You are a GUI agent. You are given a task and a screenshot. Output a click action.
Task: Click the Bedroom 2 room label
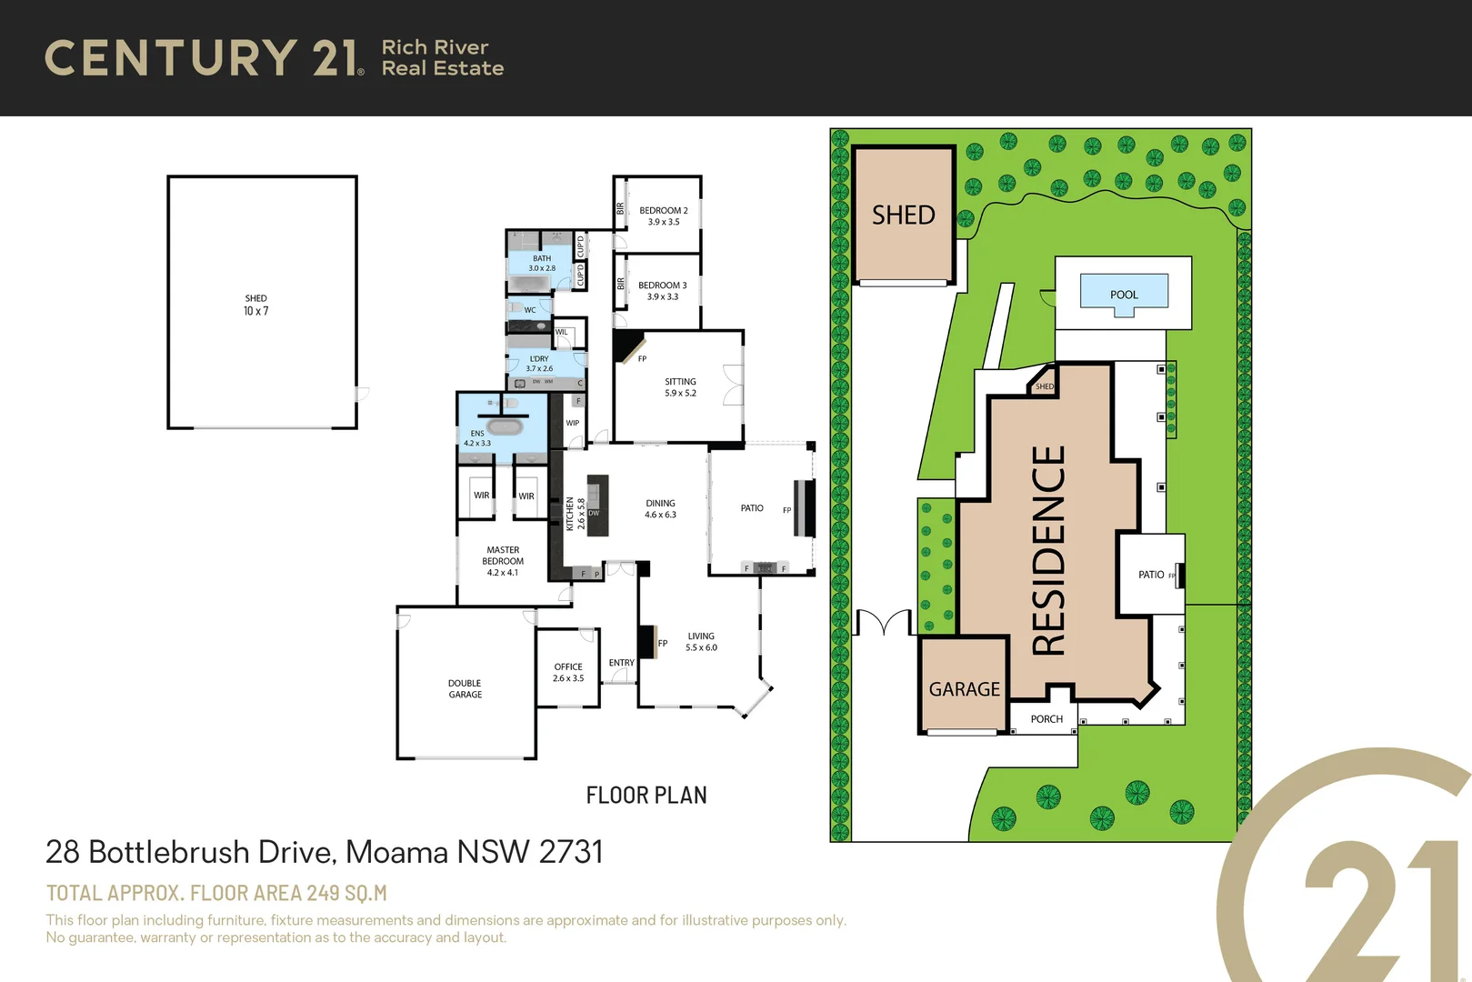pyautogui.click(x=663, y=210)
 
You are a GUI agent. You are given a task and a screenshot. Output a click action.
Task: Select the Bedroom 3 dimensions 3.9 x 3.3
pyautogui.click(x=662, y=296)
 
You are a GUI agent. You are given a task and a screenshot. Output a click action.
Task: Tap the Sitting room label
pyautogui.click(x=680, y=382)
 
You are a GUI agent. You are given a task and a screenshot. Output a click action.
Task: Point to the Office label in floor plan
pyautogui.click(x=568, y=666)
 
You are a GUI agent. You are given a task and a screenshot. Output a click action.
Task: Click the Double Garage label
pyautogui.click(x=465, y=688)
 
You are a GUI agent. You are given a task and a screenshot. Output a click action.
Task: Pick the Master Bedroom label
pyautogui.click(x=503, y=556)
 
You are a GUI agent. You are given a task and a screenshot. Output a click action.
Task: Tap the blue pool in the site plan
pyautogui.click(x=1124, y=294)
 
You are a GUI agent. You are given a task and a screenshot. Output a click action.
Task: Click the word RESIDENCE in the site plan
pyautogui.click(x=1048, y=550)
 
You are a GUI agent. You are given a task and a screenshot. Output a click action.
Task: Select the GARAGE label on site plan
pyautogui.click(x=964, y=689)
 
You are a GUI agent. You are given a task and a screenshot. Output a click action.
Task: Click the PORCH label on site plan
pyautogui.click(x=1046, y=719)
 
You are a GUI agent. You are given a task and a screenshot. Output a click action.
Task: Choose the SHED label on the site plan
pyautogui.click(x=903, y=215)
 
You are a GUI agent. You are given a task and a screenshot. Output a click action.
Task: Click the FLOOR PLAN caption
pyautogui.click(x=646, y=796)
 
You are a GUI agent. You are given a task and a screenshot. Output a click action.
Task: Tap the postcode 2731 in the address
pyautogui.click(x=570, y=852)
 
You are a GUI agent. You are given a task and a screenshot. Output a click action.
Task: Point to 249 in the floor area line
pyautogui.click(x=323, y=893)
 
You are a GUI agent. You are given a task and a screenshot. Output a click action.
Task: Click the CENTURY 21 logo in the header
pyautogui.click(x=204, y=58)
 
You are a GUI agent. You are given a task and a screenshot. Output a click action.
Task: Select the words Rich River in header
pyautogui.click(x=435, y=47)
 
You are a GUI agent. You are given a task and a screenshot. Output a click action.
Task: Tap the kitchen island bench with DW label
pyautogui.click(x=596, y=506)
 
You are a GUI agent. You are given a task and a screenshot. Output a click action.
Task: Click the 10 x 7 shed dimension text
pyautogui.click(x=255, y=311)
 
